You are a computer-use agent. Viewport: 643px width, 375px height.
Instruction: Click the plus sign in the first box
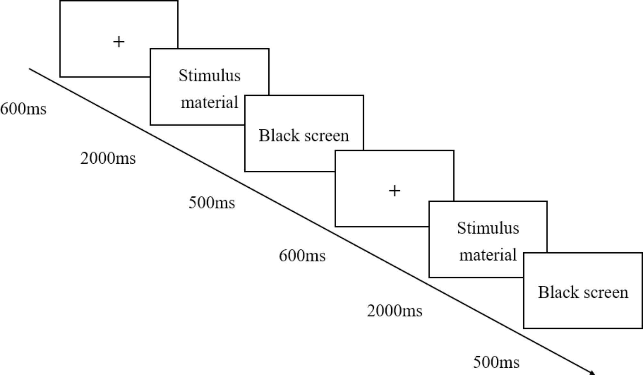[119, 42]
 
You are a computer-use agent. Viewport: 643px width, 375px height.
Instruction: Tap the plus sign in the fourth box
[395, 191]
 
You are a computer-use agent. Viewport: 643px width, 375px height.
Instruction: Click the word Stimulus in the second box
[209, 76]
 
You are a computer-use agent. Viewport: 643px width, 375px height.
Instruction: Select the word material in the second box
[209, 102]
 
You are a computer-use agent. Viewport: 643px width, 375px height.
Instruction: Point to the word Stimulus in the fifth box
[488, 228]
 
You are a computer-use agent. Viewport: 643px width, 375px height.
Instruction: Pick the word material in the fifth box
[488, 255]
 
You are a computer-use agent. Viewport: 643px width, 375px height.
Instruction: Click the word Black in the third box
[279, 135]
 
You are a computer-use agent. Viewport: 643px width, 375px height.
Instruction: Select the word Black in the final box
[558, 292]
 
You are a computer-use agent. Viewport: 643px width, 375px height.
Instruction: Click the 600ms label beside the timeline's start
[23, 109]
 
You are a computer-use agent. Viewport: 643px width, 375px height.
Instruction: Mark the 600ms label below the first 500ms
[302, 256]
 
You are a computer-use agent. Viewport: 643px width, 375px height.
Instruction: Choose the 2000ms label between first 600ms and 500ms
[108, 158]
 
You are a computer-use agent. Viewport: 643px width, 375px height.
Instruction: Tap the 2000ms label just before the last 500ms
[395, 311]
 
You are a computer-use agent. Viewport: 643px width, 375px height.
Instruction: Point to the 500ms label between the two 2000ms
[212, 202]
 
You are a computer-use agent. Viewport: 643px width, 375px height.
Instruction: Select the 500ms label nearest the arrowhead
[496, 362]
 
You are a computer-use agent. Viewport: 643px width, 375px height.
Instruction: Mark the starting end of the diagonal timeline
[30, 69]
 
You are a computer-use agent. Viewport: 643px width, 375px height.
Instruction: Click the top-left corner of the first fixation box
[60, 1]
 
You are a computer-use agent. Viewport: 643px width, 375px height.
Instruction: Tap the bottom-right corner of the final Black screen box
[642, 328]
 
